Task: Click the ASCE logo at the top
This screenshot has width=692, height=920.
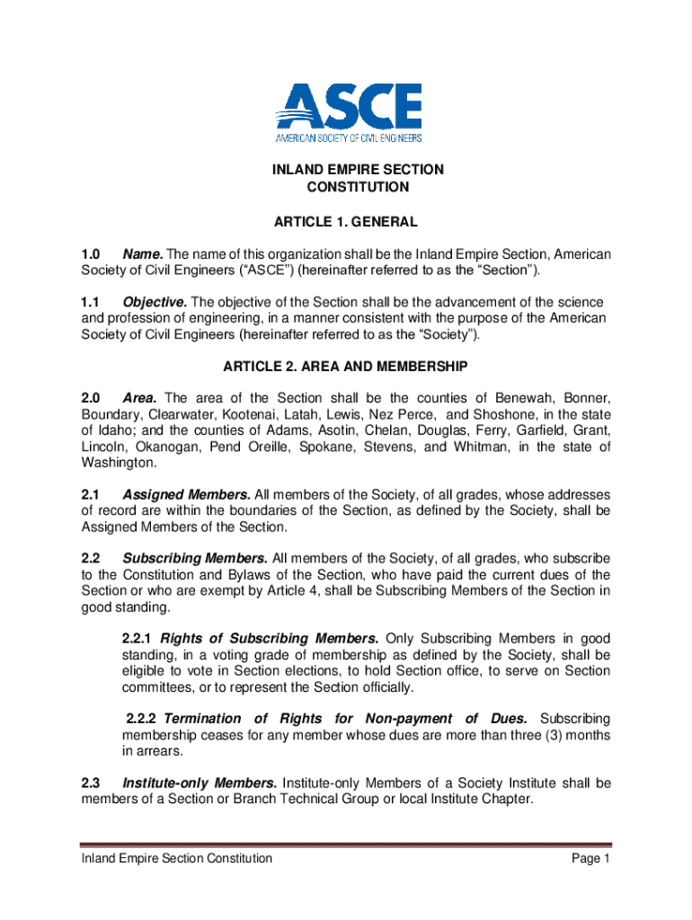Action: click(x=348, y=112)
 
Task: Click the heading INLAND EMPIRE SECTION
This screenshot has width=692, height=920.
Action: click(x=346, y=170)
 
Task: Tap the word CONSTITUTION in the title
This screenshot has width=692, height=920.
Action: click(x=346, y=188)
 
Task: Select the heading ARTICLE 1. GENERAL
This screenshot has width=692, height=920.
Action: click(x=346, y=221)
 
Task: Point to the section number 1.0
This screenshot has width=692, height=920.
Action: click(x=92, y=254)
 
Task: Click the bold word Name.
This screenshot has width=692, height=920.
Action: click(x=142, y=254)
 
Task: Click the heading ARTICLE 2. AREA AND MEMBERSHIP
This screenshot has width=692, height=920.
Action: click(x=346, y=367)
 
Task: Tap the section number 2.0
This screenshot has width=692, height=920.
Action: click(x=92, y=398)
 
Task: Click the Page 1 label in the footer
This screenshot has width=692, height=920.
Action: click(x=590, y=859)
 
